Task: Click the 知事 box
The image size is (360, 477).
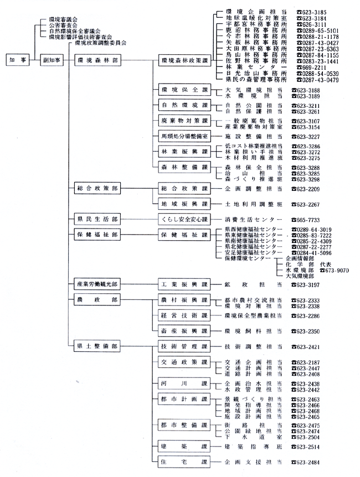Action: tap(18, 60)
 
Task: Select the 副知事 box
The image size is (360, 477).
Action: tap(52, 60)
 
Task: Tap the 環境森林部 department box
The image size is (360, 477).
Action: tap(97, 60)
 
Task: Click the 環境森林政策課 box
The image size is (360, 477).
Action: tap(184, 60)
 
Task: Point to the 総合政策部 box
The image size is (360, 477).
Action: tap(97, 188)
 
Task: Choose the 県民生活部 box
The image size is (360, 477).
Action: tap(97, 219)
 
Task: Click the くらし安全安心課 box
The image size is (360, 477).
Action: tap(184, 219)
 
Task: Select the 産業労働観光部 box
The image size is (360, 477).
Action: tap(97, 284)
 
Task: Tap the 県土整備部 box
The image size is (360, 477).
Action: tap(97, 346)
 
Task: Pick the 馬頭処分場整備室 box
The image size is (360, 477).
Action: tap(184, 136)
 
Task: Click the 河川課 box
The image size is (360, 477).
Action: tap(184, 383)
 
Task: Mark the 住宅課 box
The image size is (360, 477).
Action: tap(184, 462)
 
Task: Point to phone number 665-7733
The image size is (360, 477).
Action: tap(306, 220)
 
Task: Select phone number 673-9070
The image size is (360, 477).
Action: tap(334, 270)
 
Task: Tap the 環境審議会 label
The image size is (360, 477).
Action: tap(63, 19)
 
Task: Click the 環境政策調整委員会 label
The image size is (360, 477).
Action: tap(100, 43)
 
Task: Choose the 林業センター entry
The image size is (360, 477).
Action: tap(256, 67)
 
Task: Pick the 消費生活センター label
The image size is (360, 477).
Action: tap(254, 220)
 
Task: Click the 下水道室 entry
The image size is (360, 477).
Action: tap(254, 437)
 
